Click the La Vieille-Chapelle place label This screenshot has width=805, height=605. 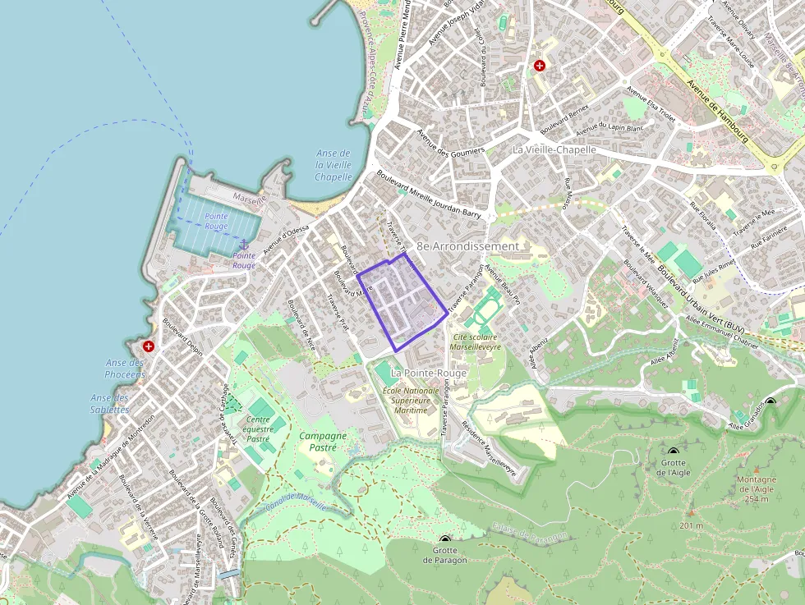tap(554, 150)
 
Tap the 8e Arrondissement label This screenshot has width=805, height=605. tap(467, 245)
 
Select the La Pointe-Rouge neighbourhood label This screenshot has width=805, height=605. tap(429, 373)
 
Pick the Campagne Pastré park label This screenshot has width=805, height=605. tap(323, 442)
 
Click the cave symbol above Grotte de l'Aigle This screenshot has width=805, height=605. tap(674, 452)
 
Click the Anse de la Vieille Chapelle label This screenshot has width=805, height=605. tap(333, 165)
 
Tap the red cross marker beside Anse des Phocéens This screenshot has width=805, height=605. tap(149, 346)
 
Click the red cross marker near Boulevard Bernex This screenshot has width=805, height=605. tap(540, 66)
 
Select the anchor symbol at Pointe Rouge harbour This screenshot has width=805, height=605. tap(243, 245)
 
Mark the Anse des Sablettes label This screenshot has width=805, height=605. tap(110, 403)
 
